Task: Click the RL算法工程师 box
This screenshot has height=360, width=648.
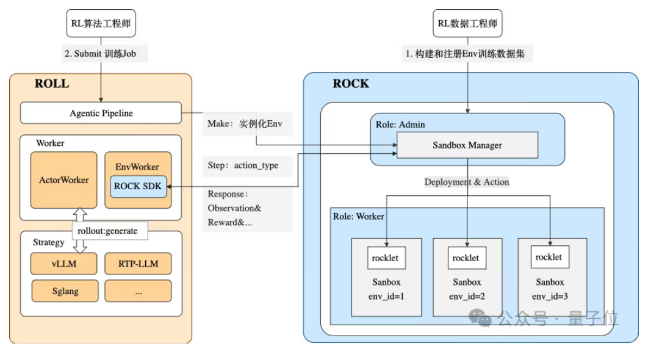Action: (x=101, y=24)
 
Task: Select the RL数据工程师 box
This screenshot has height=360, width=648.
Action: (x=467, y=24)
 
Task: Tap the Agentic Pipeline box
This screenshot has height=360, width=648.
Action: (x=101, y=113)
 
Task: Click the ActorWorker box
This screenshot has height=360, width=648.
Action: (x=64, y=180)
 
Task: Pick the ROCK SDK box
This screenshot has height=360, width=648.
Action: (x=138, y=186)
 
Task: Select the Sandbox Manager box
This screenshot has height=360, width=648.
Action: (x=467, y=145)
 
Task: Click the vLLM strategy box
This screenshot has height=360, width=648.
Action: (x=64, y=264)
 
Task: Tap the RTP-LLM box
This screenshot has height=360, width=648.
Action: (x=138, y=264)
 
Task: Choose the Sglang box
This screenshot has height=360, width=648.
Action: (x=64, y=291)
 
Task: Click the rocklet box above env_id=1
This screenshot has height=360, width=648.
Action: (x=387, y=258)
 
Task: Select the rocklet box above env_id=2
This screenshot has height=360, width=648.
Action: (x=467, y=258)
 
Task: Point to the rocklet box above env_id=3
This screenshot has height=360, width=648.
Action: (x=549, y=257)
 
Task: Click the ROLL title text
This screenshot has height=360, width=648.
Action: (x=52, y=84)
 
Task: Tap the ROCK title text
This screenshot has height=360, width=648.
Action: (x=351, y=84)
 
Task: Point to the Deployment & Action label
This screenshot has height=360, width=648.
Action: (x=467, y=182)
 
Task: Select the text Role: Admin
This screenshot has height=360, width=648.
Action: (x=400, y=124)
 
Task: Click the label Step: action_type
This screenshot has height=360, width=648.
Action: (x=243, y=165)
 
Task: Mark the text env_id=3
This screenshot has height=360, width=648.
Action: (x=550, y=297)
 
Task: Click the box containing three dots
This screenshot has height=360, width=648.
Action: (x=138, y=291)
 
